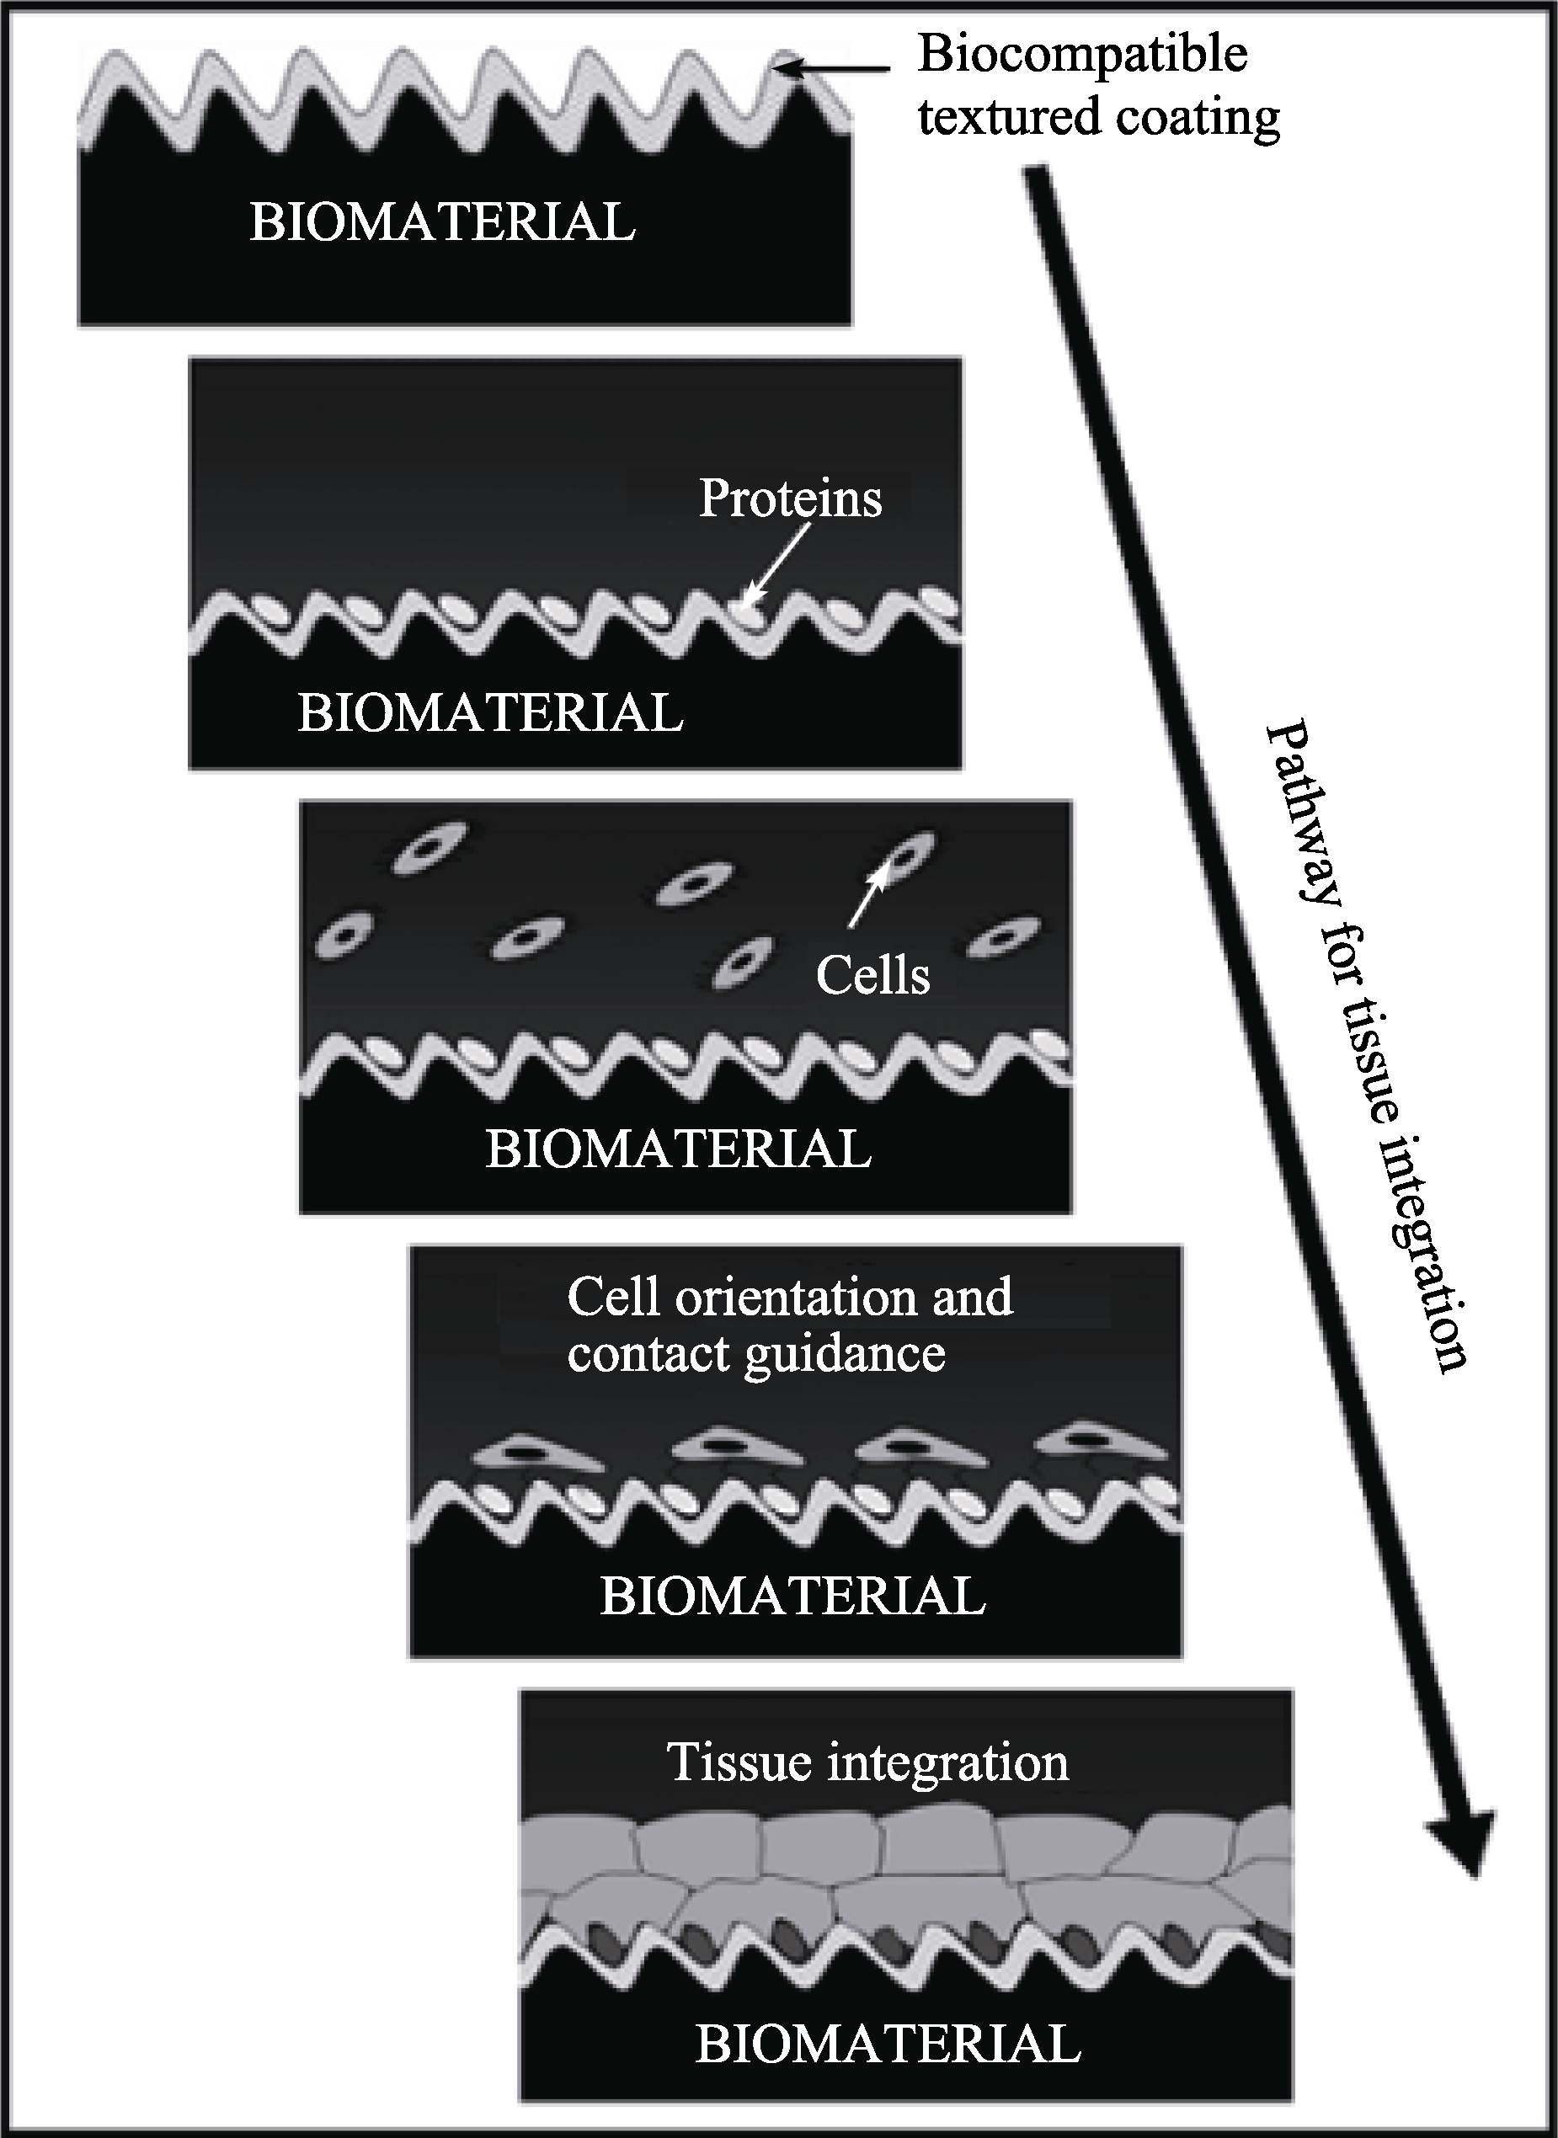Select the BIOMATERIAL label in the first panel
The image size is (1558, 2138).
[x=442, y=222]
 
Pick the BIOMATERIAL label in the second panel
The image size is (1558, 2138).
[x=490, y=713]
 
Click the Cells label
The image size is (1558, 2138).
[x=872, y=975]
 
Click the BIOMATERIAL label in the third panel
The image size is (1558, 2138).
[x=678, y=1149]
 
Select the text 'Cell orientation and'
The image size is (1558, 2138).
[x=790, y=1298]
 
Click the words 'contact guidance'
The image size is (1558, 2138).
[x=756, y=1354]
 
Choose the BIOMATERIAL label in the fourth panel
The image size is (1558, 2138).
[x=793, y=1596]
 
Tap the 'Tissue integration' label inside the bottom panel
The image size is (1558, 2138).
[x=867, y=1762]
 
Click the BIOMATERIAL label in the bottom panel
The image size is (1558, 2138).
[x=888, y=2043]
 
